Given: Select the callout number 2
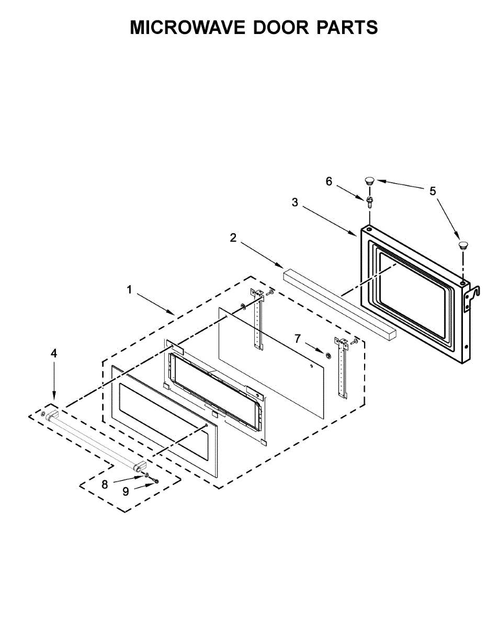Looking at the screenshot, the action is [x=233, y=238].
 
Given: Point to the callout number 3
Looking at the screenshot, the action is [x=295, y=203].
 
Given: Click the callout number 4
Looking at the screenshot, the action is [x=54, y=353].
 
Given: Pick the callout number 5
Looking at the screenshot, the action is [x=433, y=191].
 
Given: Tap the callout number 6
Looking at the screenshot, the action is [x=329, y=182].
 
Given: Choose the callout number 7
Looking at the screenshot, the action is [x=298, y=339].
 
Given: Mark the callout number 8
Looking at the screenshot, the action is [x=105, y=485].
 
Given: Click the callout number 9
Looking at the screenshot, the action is [x=126, y=492].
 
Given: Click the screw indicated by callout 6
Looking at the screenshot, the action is [x=370, y=201].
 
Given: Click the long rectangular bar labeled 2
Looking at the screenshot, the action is [x=339, y=302].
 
